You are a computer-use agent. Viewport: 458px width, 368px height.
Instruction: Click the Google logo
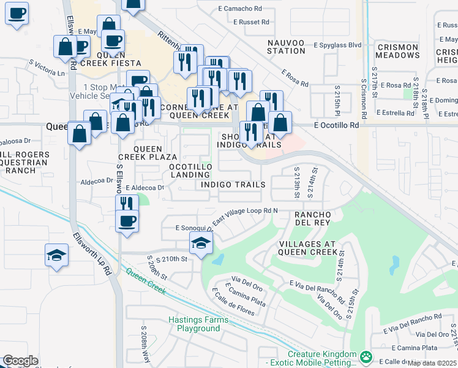click(20, 361)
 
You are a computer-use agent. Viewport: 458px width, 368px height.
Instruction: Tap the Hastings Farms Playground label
click(198, 324)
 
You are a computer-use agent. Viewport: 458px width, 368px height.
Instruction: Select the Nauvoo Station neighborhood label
click(286, 47)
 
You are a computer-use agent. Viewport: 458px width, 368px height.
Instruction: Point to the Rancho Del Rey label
click(313, 219)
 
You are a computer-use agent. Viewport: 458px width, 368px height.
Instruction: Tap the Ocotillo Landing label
click(190, 171)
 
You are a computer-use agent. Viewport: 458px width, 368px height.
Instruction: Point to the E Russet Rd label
click(251, 21)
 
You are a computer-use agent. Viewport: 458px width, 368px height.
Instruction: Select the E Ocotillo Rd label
click(336, 125)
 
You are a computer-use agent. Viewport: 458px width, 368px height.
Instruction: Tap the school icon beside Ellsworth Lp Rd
click(57, 255)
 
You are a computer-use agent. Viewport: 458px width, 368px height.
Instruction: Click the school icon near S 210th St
click(201, 243)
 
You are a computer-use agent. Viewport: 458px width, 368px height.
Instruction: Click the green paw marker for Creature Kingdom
click(366, 356)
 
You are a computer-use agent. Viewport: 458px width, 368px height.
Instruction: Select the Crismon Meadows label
click(397, 51)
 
